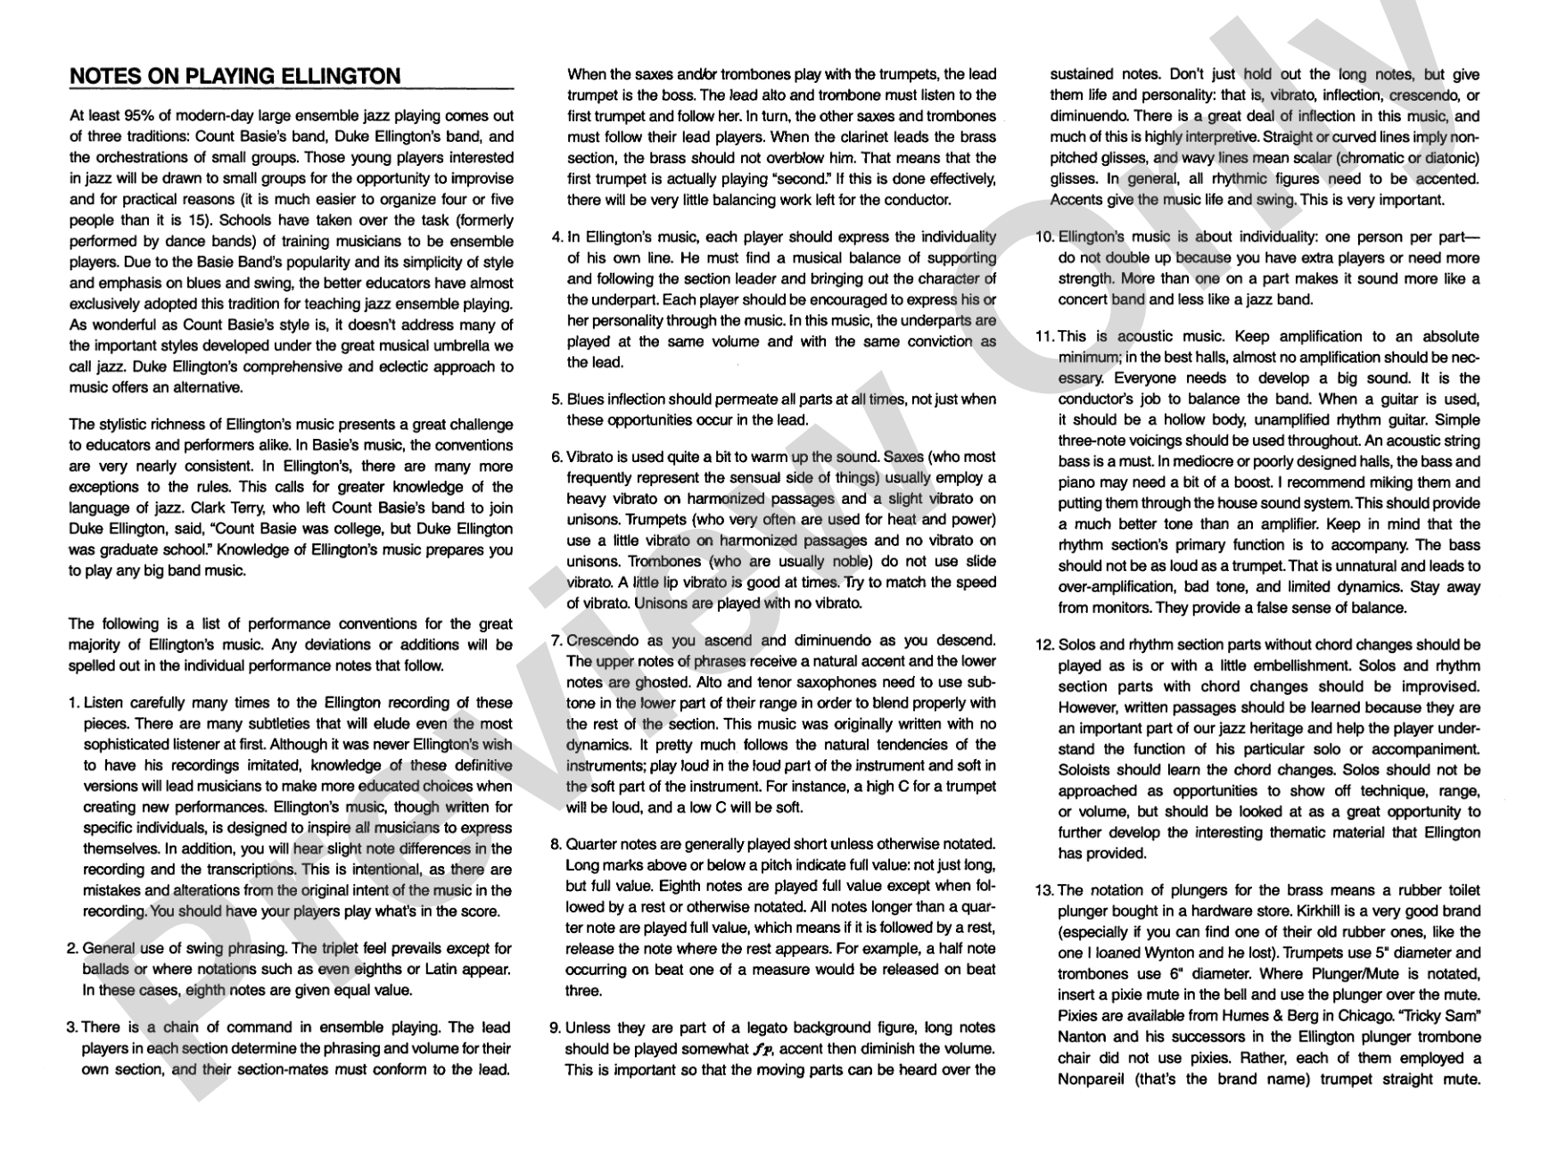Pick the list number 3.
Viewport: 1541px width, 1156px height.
point(72,1028)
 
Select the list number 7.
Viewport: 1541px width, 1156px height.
point(556,640)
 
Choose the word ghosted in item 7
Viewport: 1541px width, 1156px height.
point(647,682)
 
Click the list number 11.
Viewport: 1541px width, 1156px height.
point(1044,336)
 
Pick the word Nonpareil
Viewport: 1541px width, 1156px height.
point(1098,1078)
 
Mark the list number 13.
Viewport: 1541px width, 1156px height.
point(1044,890)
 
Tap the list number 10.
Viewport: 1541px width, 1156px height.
point(1044,237)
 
